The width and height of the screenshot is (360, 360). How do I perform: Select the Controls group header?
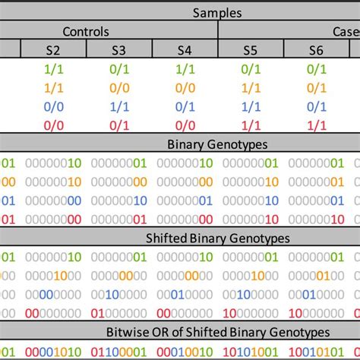pos(106,31)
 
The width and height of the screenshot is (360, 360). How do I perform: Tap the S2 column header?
pos(52,50)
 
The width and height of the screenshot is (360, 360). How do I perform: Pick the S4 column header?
pos(185,50)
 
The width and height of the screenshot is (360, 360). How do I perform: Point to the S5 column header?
pos(251,50)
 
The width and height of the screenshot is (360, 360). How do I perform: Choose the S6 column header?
pos(317,50)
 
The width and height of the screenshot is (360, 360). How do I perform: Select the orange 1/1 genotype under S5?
pos(251,87)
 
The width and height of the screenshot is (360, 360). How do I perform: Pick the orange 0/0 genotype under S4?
pos(185,87)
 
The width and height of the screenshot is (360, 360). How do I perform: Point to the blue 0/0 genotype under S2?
pos(52,106)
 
